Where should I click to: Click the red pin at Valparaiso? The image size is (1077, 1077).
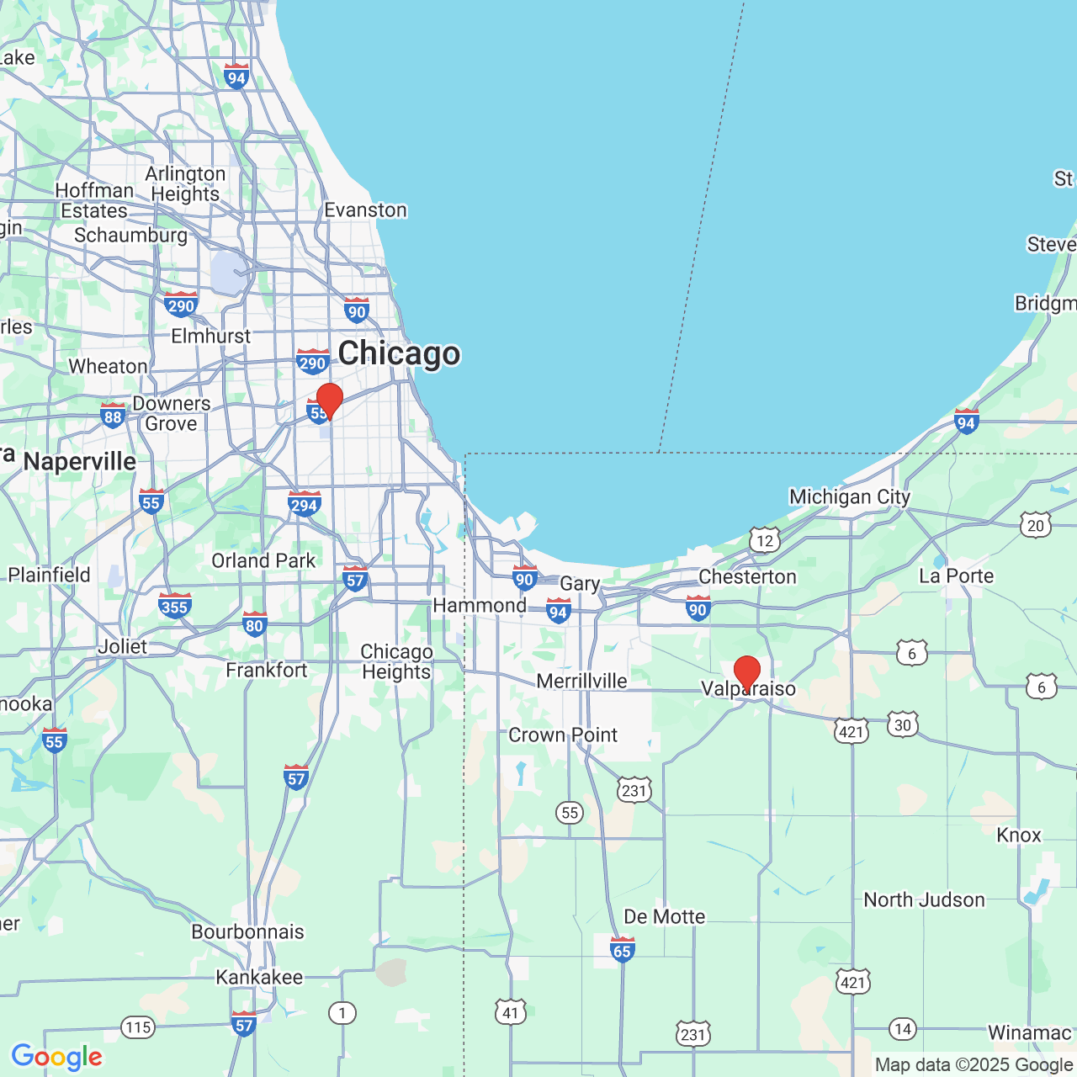tap(747, 673)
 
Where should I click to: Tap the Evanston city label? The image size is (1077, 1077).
tap(365, 210)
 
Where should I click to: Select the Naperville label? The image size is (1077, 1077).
tap(80, 461)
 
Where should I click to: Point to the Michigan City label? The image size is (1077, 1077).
tap(850, 496)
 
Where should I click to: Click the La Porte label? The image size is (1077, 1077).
tap(956, 576)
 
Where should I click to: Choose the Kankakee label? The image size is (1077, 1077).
tap(259, 977)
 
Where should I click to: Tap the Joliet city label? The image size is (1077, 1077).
tap(122, 646)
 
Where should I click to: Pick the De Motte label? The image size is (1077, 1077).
tap(664, 916)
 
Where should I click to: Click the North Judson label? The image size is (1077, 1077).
tap(924, 899)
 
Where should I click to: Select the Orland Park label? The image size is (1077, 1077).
tap(263, 560)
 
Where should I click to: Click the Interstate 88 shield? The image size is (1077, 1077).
tap(113, 416)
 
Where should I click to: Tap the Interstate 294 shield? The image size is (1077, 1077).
tap(304, 504)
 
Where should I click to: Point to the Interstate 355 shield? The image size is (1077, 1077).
tap(174, 606)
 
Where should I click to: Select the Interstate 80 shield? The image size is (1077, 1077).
tap(254, 624)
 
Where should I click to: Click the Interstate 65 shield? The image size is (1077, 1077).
tap(622, 950)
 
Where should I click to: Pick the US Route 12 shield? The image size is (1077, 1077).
tap(764, 540)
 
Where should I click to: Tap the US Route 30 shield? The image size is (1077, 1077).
tap(902, 724)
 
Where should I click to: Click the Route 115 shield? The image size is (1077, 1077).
tap(138, 1027)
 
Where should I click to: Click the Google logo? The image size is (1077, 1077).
tap(56, 1057)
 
